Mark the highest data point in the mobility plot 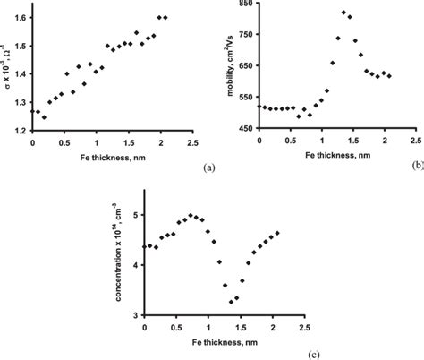coord(343,13)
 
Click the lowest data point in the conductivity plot coord(45,117)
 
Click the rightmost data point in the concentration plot coord(277,233)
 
